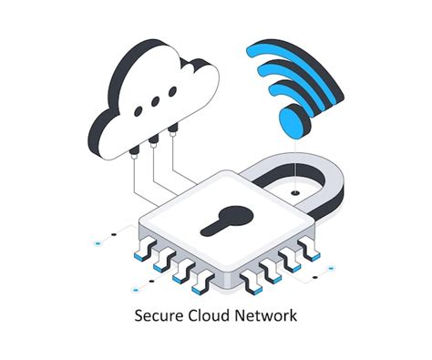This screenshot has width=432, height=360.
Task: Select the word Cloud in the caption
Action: click(x=208, y=318)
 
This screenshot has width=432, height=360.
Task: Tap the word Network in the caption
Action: click(x=264, y=318)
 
